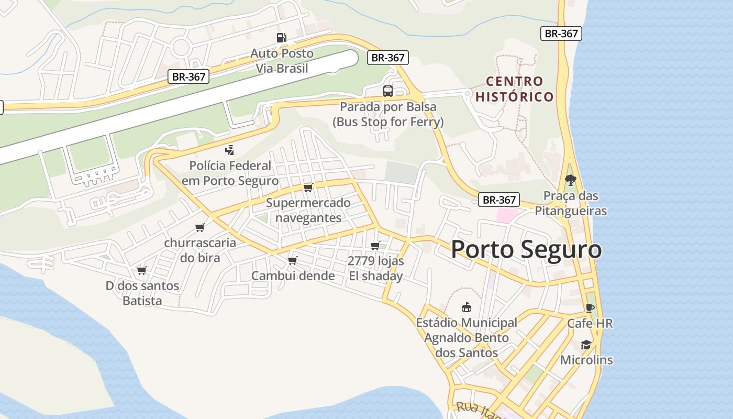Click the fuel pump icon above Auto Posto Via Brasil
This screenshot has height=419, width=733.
pyautogui.click(x=282, y=38)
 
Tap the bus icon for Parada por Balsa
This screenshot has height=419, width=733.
pyautogui.click(x=387, y=91)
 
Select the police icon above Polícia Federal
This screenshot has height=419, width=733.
pyautogui.click(x=229, y=150)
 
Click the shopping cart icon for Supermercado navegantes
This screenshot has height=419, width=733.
pyautogui.click(x=308, y=188)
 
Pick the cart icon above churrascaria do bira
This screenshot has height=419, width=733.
pyautogui.click(x=199, y=227)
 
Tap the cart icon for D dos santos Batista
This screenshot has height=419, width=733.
pyautogui.click(x=141, y=270)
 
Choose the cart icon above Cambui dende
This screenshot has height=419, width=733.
pyautogui.click(x=293, y=260)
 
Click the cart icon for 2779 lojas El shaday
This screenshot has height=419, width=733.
pyautogui.click(x=375, y=246)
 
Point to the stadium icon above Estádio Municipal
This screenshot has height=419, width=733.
pyautogui.click(x=466, y=307)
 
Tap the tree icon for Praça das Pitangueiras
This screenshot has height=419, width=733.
pyautogui.click(x=570, y=180)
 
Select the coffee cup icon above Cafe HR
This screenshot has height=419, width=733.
pyautogui.click(x=590, y=308)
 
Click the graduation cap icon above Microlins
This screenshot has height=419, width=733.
pyautogui.click(x=586, y=345)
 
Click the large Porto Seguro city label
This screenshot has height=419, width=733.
pyautogui.click(x=526, y=250)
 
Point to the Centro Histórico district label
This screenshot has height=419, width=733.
pyautogui.click(x=514, y=89)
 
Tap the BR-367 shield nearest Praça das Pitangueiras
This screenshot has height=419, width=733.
pyautogui.click(x=499, y=200)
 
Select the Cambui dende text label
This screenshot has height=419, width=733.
pyautogui.click(x=293, y=276)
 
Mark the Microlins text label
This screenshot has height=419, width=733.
pyautogui.click(x=586, y=360)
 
